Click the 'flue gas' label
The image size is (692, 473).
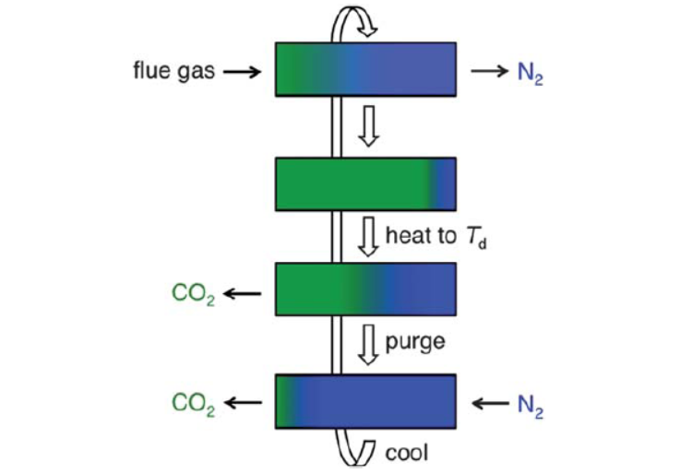172,70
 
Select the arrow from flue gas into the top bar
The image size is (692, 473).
242,71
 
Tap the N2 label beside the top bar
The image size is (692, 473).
531,73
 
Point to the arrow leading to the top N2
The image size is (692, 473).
488,71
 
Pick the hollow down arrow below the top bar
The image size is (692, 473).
368,127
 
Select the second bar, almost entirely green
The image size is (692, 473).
365,183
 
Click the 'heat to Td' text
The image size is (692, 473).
433,237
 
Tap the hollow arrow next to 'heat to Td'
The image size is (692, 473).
368,236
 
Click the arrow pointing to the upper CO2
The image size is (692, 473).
243,294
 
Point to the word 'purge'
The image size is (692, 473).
414,342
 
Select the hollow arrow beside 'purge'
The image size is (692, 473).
368,342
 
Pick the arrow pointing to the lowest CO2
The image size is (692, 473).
243,402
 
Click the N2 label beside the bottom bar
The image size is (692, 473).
530,404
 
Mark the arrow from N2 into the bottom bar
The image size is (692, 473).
488,402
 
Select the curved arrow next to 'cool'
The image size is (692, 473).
355,450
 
